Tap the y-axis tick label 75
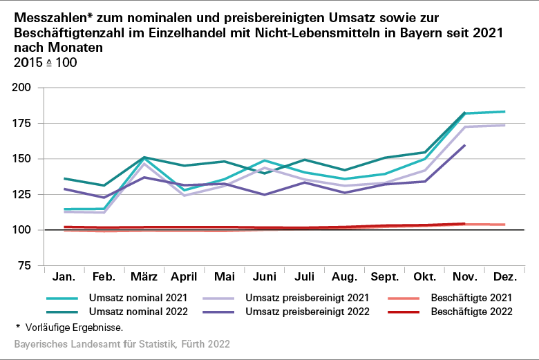coord(25,265)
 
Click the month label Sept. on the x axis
coord(385,278)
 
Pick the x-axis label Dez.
coord(506,278)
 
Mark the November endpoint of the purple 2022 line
coord(465,145)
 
